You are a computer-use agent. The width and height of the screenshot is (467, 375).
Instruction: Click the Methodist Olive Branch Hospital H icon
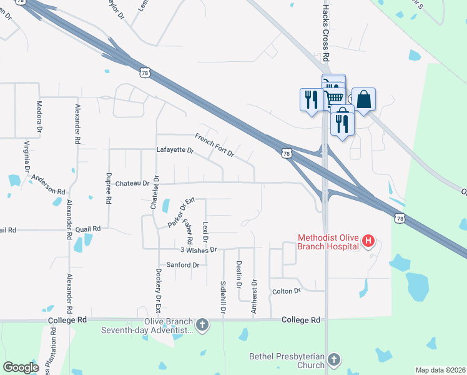click(x=368, y=241)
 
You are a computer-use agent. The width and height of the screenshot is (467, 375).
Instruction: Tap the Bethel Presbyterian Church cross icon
click(x=334, y=359)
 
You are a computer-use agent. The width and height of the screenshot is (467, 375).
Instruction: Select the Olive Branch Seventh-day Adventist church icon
click(x=202, y=325)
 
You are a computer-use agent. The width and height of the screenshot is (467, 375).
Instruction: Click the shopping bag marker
click(x=364, y=100)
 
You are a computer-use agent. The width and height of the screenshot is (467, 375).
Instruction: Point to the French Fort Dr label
click(x=214, y=146)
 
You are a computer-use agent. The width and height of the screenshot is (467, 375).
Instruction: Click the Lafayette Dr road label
click(x=175, y=151)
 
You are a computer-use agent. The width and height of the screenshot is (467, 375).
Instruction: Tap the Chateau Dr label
click(x=132, y=184)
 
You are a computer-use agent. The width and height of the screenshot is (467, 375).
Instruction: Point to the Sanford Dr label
click(x=182, y=265)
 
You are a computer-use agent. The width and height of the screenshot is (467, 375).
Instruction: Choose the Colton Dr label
click(x=287, y=291)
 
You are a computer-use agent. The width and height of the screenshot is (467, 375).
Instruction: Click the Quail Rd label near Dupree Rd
click(x=88, y=229)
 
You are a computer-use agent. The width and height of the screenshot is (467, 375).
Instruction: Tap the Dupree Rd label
click(x=109, y=189)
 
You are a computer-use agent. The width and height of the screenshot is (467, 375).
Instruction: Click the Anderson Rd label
click(x=49, y=186)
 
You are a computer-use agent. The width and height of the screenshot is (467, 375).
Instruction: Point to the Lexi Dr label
click(x=205, y=232)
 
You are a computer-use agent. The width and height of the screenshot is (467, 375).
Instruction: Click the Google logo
click(x=21, y=367)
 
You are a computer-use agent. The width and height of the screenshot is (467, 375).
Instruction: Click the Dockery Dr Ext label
click(x=159, y=291)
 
